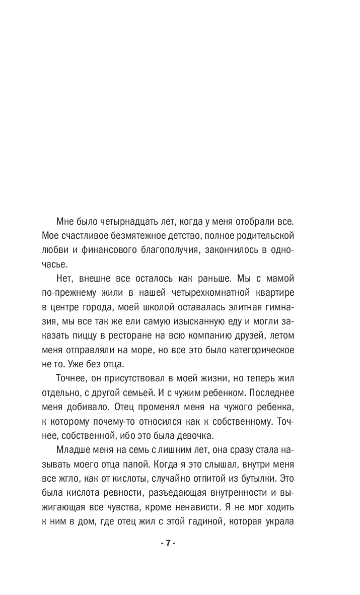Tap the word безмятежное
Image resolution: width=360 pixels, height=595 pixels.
[x=136, y=236]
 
